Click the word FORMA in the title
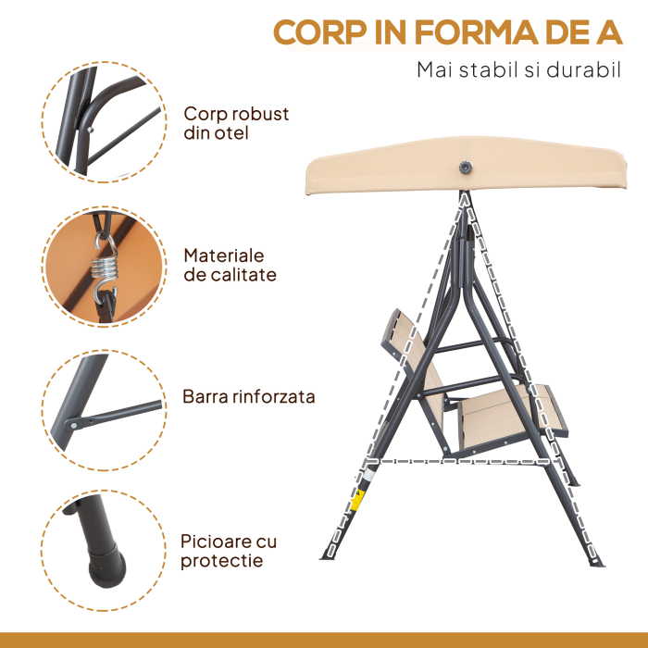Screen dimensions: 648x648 point(476,32)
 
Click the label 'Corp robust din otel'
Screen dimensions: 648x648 point(236,123)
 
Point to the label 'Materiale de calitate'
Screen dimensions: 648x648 point(230,265)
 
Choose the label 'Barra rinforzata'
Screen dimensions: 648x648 point(248,396)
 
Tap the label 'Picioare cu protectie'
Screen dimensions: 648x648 point(229,551)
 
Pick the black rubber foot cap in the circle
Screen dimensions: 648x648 point(106,567)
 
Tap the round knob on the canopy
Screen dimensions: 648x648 point(466,168)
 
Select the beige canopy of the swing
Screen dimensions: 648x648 point(466,166)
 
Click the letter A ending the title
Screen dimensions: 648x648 point(609,32)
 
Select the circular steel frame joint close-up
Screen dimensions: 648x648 point(104,122)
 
